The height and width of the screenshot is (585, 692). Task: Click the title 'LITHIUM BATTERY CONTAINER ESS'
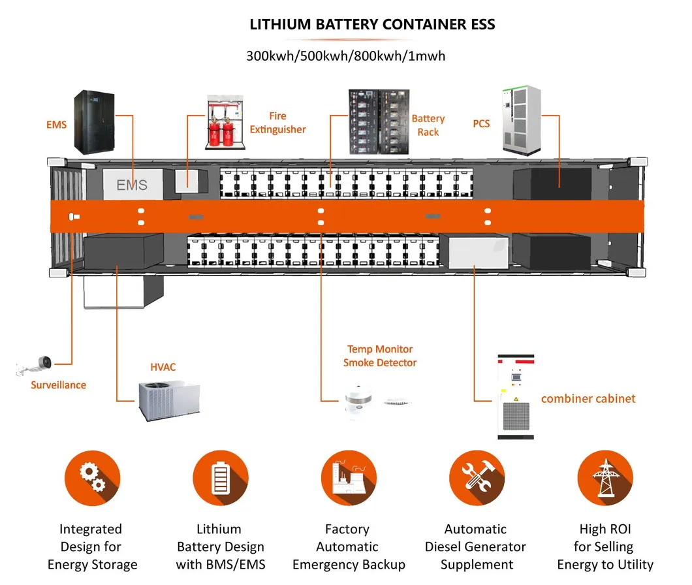pos(373,25)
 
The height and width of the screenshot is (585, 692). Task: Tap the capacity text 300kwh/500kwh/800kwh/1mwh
pos(345,56)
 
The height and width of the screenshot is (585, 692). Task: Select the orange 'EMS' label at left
pos(56,124)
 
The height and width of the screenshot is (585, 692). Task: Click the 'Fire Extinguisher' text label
pos(277,123)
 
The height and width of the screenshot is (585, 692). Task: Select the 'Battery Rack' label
pos(428,125)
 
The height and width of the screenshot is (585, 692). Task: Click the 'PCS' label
pos(481,123)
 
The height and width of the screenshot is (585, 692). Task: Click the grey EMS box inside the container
pos(131,185)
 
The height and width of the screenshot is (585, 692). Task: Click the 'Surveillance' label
pos(58,385)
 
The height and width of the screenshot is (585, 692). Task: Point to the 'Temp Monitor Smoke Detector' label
pos(380,356)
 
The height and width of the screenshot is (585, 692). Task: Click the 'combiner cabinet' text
pos(588,398)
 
